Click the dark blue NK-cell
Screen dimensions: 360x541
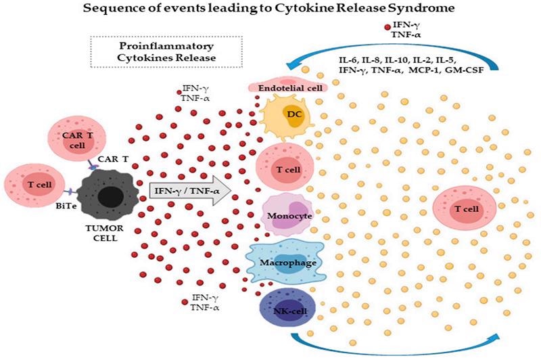tap(284, 313)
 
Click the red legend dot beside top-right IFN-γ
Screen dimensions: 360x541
tap(387, 28)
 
